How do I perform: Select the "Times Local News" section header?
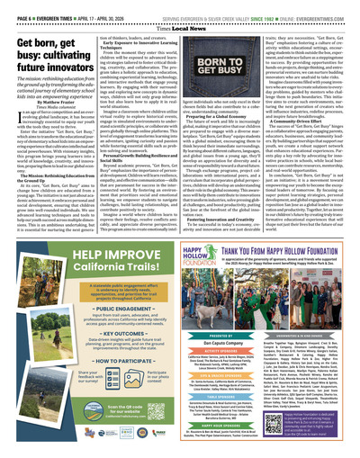coord(180,24)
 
